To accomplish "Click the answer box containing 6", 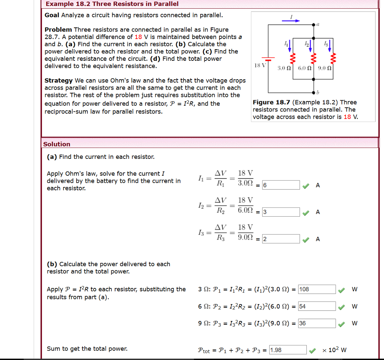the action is tap(281, 185).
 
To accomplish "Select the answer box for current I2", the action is tap(281, 212).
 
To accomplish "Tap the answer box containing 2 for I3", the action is tap(281, 239).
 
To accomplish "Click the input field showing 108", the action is tap(317, 289).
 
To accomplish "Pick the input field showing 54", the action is tap(317, 306).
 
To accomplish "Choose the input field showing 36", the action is tap(317, 323).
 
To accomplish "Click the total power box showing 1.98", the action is tap(288, 350).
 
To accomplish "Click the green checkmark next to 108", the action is tap(341, 290).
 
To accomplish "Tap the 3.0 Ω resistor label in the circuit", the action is tap(284, 69).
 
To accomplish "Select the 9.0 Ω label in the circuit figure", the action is tap(324, 69).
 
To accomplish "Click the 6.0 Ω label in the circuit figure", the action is tap(304, 69).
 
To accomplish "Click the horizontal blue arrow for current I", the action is tap(291, 21).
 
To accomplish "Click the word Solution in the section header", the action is tap(57, 144).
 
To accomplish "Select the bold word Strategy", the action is tap(58, 80).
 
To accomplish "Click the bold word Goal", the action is tap(52, 15).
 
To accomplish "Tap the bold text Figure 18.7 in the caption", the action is tap(271, 102).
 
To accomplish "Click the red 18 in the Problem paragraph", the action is tap(138, 37).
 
